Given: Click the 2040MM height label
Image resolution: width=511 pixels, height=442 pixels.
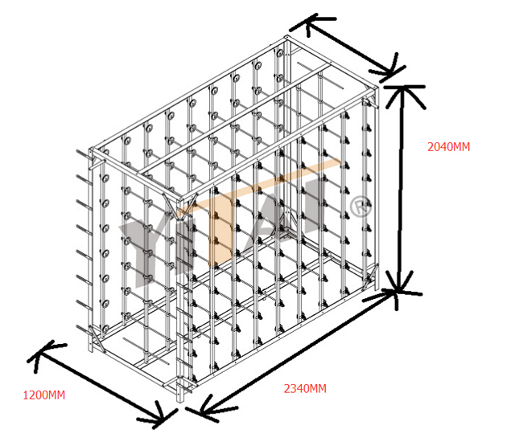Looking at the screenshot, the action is coord(448,147).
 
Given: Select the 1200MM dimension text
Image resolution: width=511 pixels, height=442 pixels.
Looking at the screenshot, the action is coord(44,395).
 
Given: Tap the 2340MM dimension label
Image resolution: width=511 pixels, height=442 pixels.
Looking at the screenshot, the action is coord(305,389).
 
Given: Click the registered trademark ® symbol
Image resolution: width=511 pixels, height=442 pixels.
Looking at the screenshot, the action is coord(360,206).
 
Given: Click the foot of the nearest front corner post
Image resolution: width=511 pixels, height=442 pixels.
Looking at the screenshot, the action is coord(180,399).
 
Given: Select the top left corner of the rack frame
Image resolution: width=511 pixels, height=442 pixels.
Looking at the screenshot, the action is coord(92,150).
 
